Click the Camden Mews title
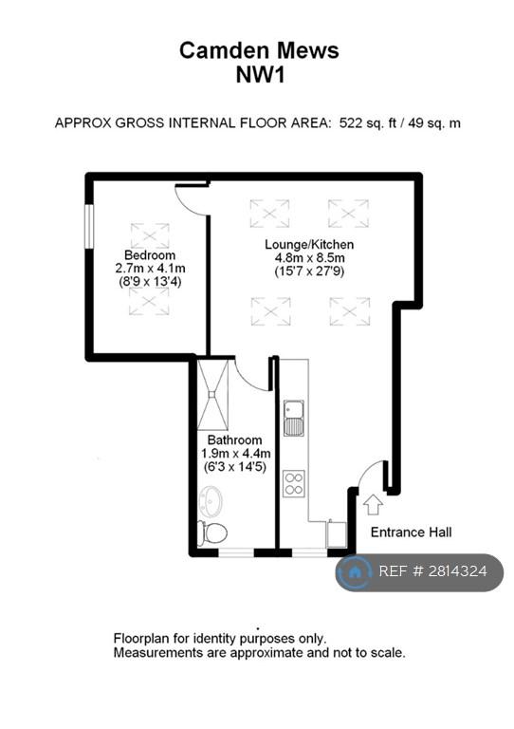pos(259,50)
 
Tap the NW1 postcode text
pos(260,75)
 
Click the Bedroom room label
pos(150,254)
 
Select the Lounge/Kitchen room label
pos(309,245)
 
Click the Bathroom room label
pos(234,439)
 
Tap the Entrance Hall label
pos(411,532)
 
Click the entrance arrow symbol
pos(373,505)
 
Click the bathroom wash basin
pos(211,501)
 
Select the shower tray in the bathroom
pos(213,394)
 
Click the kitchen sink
pos(294,418)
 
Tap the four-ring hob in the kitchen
pos(294,483)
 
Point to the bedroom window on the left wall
pos(89,227)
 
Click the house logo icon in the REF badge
pos(355,571)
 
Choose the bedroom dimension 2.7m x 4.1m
pos(150,269)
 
